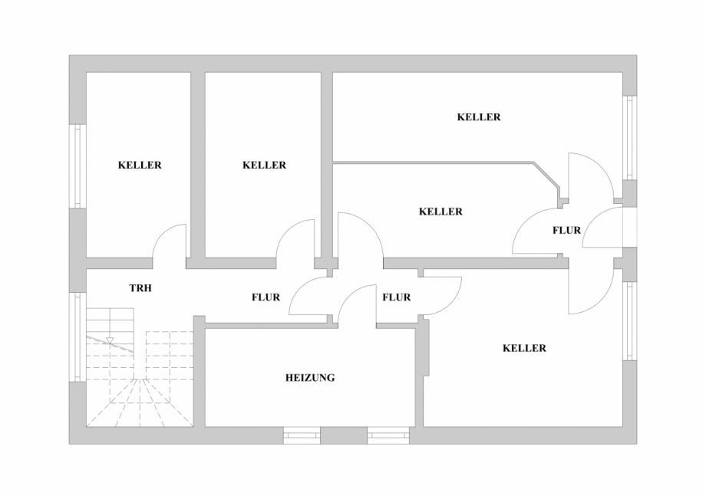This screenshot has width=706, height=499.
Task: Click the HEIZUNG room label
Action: [x=310, y=378]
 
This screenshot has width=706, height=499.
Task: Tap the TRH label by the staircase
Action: [x=140, y=287]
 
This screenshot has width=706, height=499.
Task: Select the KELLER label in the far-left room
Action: [x=140, y=165]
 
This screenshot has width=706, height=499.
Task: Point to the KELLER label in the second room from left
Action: [x=264, y=165]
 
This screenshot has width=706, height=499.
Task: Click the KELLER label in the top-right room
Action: [x=479, y=117]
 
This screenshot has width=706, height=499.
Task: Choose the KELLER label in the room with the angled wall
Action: [x=440, y=212]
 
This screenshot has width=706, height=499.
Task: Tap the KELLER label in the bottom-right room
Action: [x=524, y=348]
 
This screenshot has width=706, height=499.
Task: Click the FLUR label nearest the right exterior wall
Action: [x=567, y=230]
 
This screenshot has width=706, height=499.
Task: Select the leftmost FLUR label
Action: [x=266, y=297]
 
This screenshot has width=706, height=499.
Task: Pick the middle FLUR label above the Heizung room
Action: [x=396, y=297]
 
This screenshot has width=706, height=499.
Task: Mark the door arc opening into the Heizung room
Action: [x=348, y=294]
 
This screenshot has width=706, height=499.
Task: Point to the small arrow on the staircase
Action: [x=110, y=340]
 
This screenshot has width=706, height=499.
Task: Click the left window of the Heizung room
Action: [x=302, y=435]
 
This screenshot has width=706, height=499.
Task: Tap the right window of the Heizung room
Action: [x=388, y=435]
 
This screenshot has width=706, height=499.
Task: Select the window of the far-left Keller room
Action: [x=78, y=166]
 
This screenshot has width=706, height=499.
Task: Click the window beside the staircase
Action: [x=78, y=337]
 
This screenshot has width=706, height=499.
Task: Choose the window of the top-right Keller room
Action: [x=630, y=138]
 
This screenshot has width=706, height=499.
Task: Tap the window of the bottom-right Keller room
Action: [x=630, y=320]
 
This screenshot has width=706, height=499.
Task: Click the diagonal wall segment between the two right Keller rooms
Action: [x=546, y=175]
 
